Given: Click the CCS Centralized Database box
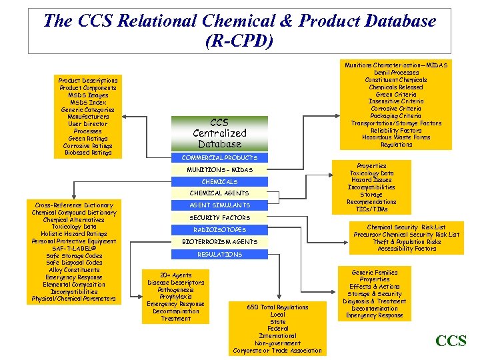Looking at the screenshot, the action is point(219,133).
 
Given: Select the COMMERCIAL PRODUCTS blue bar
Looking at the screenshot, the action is point(219,157).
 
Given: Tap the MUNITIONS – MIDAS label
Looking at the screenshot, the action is point(219,169).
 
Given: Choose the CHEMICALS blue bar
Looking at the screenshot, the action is point(219,181).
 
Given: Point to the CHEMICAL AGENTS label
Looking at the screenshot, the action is point(219,193).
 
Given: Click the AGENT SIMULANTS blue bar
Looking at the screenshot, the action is point(219,205).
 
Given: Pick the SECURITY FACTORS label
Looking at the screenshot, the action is point(219,217).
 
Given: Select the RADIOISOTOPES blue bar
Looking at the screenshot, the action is point(219,229).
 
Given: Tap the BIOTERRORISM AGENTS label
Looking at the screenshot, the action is point(219,241).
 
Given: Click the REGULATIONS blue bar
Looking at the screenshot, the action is point(219,254).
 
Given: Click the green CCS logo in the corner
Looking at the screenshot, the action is point(451,341).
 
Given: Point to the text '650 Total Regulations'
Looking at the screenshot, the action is point(277,307).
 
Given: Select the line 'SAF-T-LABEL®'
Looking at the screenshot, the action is point(74,249).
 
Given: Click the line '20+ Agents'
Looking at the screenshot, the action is point(176,275).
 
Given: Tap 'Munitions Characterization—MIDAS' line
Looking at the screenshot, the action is point(396,65).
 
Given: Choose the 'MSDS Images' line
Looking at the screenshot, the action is point(87,95).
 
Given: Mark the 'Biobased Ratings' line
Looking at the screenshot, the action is point(87,153).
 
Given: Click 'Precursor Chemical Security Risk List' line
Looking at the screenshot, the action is point(407,234).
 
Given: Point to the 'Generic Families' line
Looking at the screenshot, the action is point(375,272).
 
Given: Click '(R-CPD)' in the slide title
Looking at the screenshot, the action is point(239,41).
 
